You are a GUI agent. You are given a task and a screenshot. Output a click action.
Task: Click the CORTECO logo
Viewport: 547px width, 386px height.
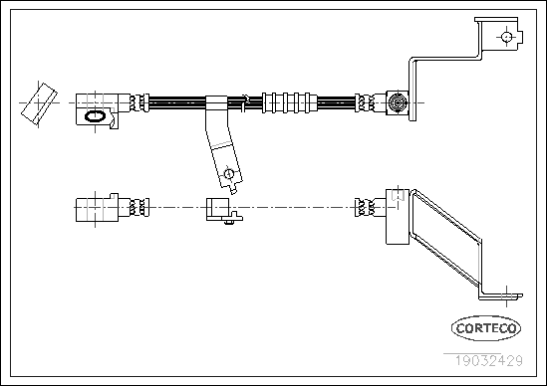486,328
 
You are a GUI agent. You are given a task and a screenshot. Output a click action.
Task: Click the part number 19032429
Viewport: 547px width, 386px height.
488,360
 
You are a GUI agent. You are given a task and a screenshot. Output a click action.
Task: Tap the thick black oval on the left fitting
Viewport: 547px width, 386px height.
95,116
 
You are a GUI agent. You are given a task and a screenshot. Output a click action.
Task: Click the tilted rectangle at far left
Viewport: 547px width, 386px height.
39,103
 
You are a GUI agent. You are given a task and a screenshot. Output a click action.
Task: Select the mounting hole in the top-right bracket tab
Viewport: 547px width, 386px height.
506,37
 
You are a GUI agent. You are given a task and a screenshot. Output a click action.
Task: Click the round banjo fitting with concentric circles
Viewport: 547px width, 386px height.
398,102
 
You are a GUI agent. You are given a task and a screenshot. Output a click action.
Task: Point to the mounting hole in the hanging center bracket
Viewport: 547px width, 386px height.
228,173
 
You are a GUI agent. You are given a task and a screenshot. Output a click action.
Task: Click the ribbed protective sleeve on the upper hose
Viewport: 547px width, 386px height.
290,102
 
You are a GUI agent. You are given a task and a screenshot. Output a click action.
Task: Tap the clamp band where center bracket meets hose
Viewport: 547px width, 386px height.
216,103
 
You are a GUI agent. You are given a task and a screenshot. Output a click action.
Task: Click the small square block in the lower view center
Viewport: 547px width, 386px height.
218,208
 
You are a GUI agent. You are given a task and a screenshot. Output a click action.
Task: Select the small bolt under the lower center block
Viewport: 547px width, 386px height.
229,221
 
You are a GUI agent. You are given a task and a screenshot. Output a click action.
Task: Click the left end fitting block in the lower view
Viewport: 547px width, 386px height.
97,208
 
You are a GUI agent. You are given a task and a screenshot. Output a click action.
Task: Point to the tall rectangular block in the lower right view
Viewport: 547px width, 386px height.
398,216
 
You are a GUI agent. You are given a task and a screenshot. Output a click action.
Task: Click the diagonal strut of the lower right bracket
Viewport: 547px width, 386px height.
446,239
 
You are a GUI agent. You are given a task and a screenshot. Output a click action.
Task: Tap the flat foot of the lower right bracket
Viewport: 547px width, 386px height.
501,296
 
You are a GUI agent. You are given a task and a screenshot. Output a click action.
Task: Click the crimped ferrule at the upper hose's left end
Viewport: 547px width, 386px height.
139,102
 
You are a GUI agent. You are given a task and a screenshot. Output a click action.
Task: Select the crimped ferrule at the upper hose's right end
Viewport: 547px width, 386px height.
365,102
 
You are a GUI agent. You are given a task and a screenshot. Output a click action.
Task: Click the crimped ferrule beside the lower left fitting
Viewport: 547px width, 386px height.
139,207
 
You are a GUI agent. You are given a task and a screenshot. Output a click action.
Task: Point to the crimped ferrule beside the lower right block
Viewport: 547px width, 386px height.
365,207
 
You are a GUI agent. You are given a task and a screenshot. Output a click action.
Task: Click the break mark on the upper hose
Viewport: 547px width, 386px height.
245,103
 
